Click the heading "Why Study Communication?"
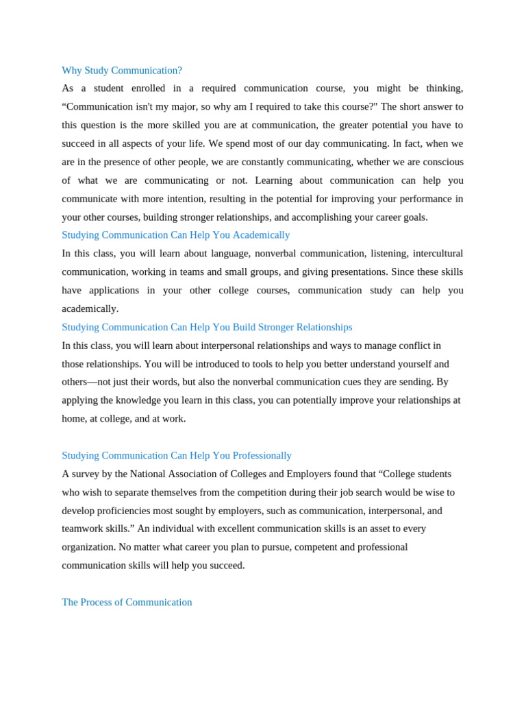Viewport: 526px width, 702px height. click(x=122, y=71)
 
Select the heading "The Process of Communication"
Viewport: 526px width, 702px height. click(x=127, y=603)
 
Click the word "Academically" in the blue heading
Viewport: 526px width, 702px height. click(x=261, y=235)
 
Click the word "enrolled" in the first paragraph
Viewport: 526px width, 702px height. click(x=148, y=88)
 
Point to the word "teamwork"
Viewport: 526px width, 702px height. click(x=82, y=529)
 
